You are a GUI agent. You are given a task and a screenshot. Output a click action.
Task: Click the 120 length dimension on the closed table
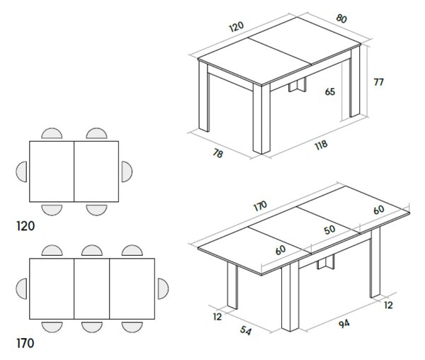[x=237, y=26]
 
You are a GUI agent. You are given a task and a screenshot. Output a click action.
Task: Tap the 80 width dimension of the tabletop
[x=341, y=18]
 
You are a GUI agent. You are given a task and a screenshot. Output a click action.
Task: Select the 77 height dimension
[x=379, y=82]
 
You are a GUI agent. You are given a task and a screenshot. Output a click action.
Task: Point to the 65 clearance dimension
[x=330, y=92]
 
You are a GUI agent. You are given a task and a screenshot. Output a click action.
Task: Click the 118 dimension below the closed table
[x=321, y=145]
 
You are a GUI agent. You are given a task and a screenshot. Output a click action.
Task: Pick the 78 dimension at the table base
[x=218, y=154]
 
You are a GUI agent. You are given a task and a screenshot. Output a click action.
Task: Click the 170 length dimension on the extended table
[x=260, y=206]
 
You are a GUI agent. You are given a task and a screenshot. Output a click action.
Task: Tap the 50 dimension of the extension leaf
[x=329, y=230]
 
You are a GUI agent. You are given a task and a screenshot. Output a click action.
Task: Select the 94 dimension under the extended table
[x=344, y=324]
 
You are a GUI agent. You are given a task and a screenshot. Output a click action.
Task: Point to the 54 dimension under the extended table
[x=246, y=330]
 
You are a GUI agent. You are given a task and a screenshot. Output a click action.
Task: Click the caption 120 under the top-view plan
[x=25, y=226]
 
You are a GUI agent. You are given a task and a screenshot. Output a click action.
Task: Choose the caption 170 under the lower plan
[x=25, y=343]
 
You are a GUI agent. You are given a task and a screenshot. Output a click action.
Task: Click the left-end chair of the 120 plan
[x=21, y=171]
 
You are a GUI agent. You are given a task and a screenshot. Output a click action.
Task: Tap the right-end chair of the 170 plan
[x=163, y=288]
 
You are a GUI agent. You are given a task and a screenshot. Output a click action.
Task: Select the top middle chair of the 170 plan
[x=92, y=250]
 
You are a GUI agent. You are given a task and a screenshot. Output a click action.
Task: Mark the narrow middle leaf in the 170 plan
[x=92, y=288]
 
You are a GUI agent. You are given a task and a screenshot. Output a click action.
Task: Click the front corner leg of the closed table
[x=261, y=119]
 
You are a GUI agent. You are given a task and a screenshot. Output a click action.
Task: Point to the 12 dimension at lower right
[x=388, y=305]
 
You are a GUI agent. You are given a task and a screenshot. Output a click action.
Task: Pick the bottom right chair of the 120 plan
[x=96, y=210]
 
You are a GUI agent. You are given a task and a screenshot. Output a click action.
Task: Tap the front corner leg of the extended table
[x=290, y=296]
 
